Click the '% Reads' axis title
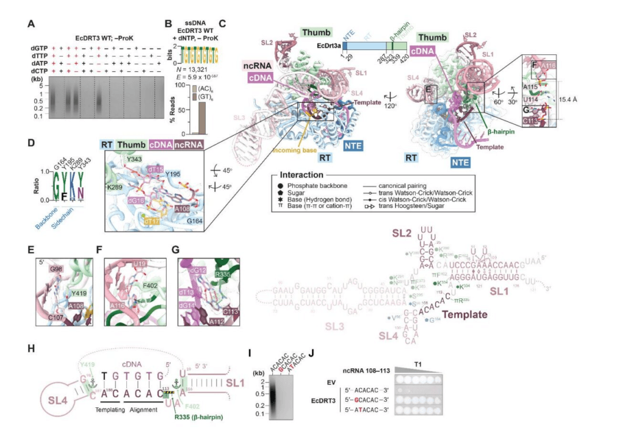pyautogui.click(x=168, y=109)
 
